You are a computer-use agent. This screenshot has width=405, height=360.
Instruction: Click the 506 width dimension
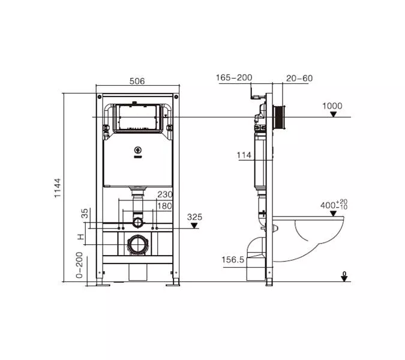137,81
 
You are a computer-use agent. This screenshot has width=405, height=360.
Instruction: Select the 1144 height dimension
58,188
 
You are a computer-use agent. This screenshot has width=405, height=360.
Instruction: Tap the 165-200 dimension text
234,77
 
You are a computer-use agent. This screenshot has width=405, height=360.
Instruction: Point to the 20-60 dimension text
299,78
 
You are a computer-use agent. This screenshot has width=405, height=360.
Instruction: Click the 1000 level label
332,106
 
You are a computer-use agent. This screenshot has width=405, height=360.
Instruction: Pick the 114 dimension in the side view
244,155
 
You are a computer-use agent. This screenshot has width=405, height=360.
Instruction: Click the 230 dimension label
165,194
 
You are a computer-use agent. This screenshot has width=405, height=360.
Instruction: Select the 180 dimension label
165,206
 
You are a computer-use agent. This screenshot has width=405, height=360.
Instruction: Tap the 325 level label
194,217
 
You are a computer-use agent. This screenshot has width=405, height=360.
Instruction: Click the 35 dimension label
85,213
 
